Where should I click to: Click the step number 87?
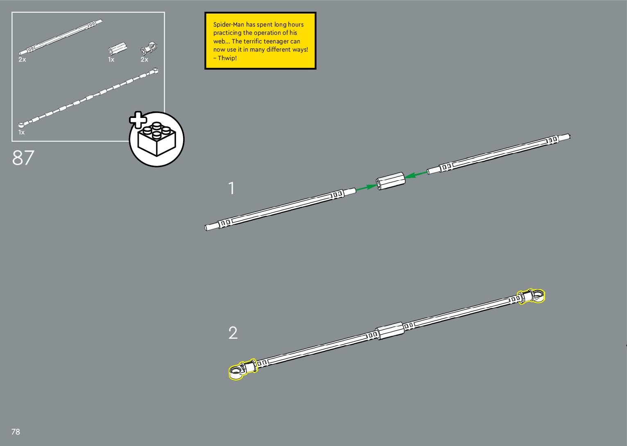(23, 158)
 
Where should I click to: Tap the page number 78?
(16, 432)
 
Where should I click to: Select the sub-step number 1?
(231, 188)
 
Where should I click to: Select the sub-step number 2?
(233, 333)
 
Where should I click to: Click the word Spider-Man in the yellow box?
(229, 25)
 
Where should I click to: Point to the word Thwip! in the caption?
(227, 58)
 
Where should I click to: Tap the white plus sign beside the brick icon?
(138, 120)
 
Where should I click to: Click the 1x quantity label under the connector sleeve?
(111, 60)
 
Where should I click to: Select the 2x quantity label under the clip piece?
(144, 60)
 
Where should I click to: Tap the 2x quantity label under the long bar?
(22, 60)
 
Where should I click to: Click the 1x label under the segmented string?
(21, 133)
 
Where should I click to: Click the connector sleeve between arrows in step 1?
(390, 181)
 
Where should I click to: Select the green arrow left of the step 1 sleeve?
(366, 188)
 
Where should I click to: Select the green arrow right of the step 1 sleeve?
(416, 174)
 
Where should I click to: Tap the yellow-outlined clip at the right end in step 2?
(531, 296)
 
